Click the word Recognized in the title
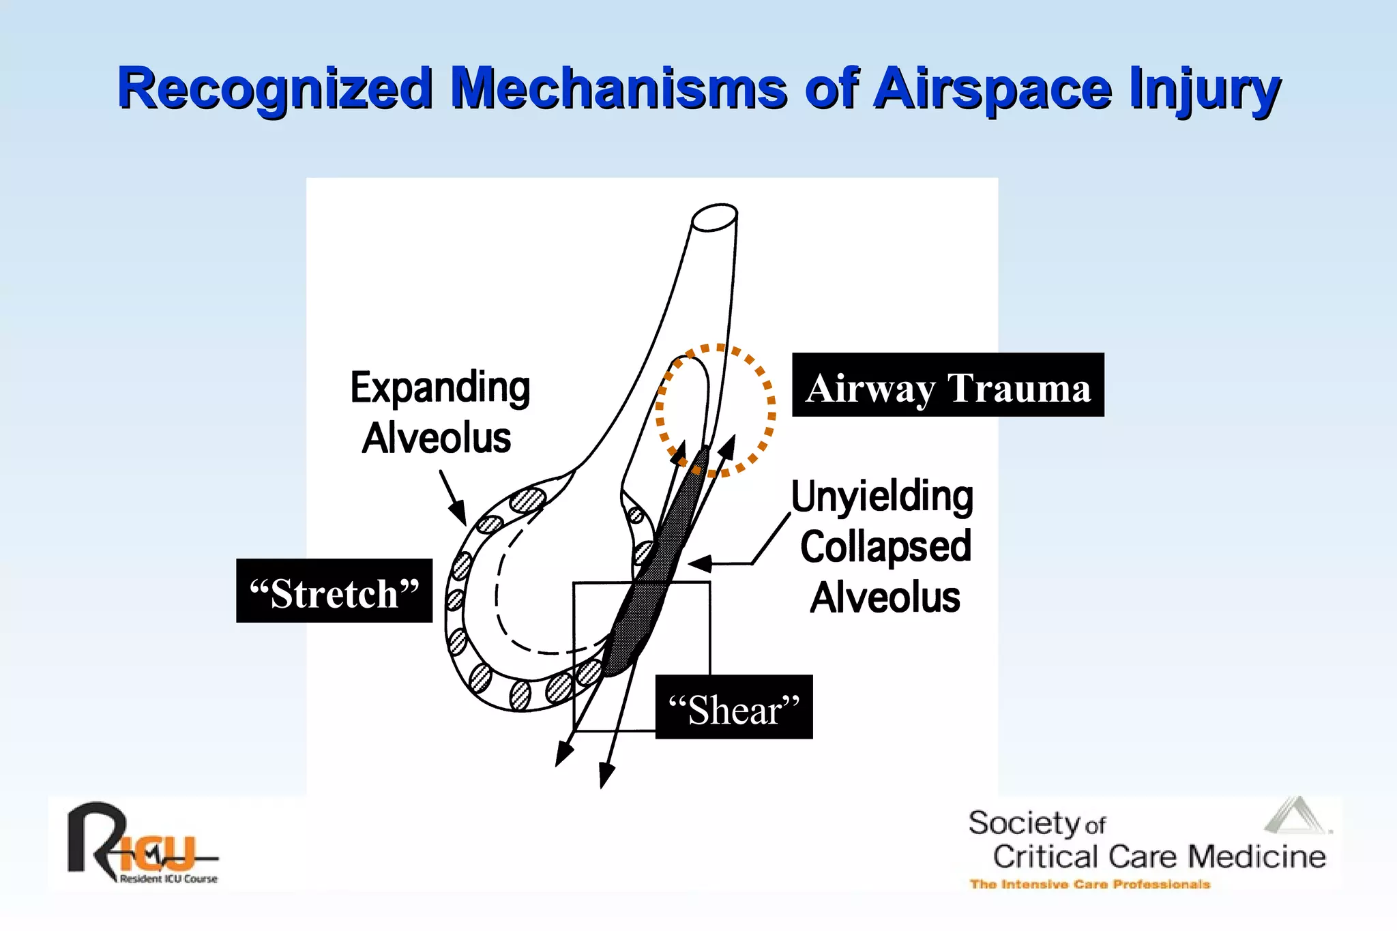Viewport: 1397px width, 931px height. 276,89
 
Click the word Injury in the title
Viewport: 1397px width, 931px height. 1204,89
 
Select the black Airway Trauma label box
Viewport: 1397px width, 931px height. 947,385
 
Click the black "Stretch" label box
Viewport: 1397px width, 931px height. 334,591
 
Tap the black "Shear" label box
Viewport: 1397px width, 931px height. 734,708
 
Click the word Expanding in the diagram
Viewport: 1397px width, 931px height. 440,387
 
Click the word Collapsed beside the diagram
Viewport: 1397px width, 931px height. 885,546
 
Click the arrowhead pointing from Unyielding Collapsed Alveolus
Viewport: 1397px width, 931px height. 699,563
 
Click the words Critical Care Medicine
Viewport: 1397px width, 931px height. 1158,857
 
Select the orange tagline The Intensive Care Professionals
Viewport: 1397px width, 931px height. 1089,885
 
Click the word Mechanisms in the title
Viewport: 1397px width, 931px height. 618,89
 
